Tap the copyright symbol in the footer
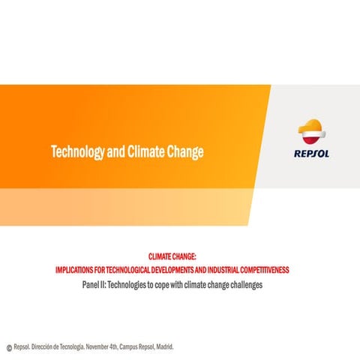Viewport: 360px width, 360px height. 9,348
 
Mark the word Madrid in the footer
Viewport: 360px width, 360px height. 164,347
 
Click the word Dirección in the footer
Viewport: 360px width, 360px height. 47,347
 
